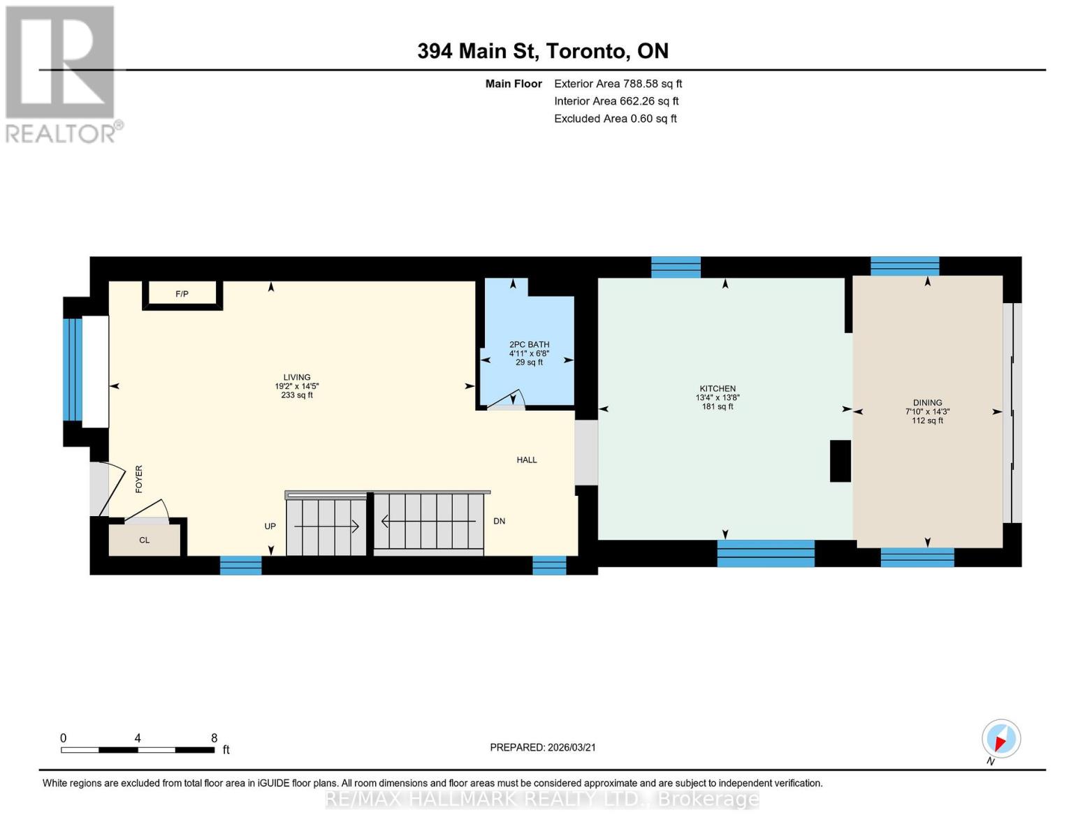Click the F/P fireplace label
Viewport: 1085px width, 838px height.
coord(182,294)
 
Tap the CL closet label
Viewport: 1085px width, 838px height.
coord(145,540)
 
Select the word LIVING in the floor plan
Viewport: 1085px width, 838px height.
coord(297,377)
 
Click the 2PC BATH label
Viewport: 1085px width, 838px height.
coord(529,344)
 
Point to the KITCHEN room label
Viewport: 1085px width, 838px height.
coord(718,388)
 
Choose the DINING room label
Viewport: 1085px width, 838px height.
coord(927,402)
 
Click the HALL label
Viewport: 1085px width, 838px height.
coord(527,460)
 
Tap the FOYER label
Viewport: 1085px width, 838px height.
coord(138,479)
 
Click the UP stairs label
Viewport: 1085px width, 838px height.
coord(270,526)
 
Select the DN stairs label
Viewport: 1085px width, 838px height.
coord(499,521)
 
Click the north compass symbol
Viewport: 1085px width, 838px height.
coord(1000,739)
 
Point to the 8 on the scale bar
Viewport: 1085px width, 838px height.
coord(214,737)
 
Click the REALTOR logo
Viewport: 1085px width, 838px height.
coord(61,73)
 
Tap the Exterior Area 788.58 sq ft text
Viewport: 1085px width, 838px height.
coord(618,84)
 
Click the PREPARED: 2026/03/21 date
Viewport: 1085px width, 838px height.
coord(542,747)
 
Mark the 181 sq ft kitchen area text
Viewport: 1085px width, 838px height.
coord(718,406)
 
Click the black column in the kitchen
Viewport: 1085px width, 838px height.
coord(840,461)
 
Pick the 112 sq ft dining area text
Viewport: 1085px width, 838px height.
coord(927,420)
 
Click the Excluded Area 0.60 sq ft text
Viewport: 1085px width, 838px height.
coord(615,119)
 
